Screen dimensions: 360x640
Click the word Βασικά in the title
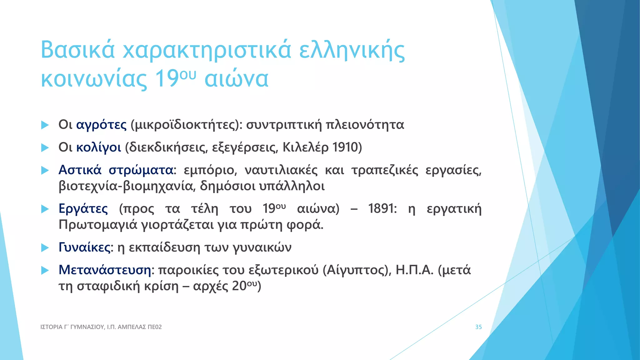click(x=78, y=50)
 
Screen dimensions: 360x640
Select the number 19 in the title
click(x=167, y=78)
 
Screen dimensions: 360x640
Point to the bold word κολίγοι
click(x=98, y=147)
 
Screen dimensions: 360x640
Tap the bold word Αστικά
click(x=80, y=170)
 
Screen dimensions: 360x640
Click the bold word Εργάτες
click(x=83, y=208)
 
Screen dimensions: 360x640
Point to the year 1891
click(x=382, y=208)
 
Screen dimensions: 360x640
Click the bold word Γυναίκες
click(x=84, y=247)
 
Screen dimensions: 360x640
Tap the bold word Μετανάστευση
click(x=105, y=270)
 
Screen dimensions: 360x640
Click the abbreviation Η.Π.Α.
click(x=414, y=270)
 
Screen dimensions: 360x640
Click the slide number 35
click(x=478, y=327)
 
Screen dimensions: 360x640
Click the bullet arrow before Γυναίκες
click(x=45, y=248)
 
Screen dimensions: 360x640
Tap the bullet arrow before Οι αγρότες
click(x=45, y=125)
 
